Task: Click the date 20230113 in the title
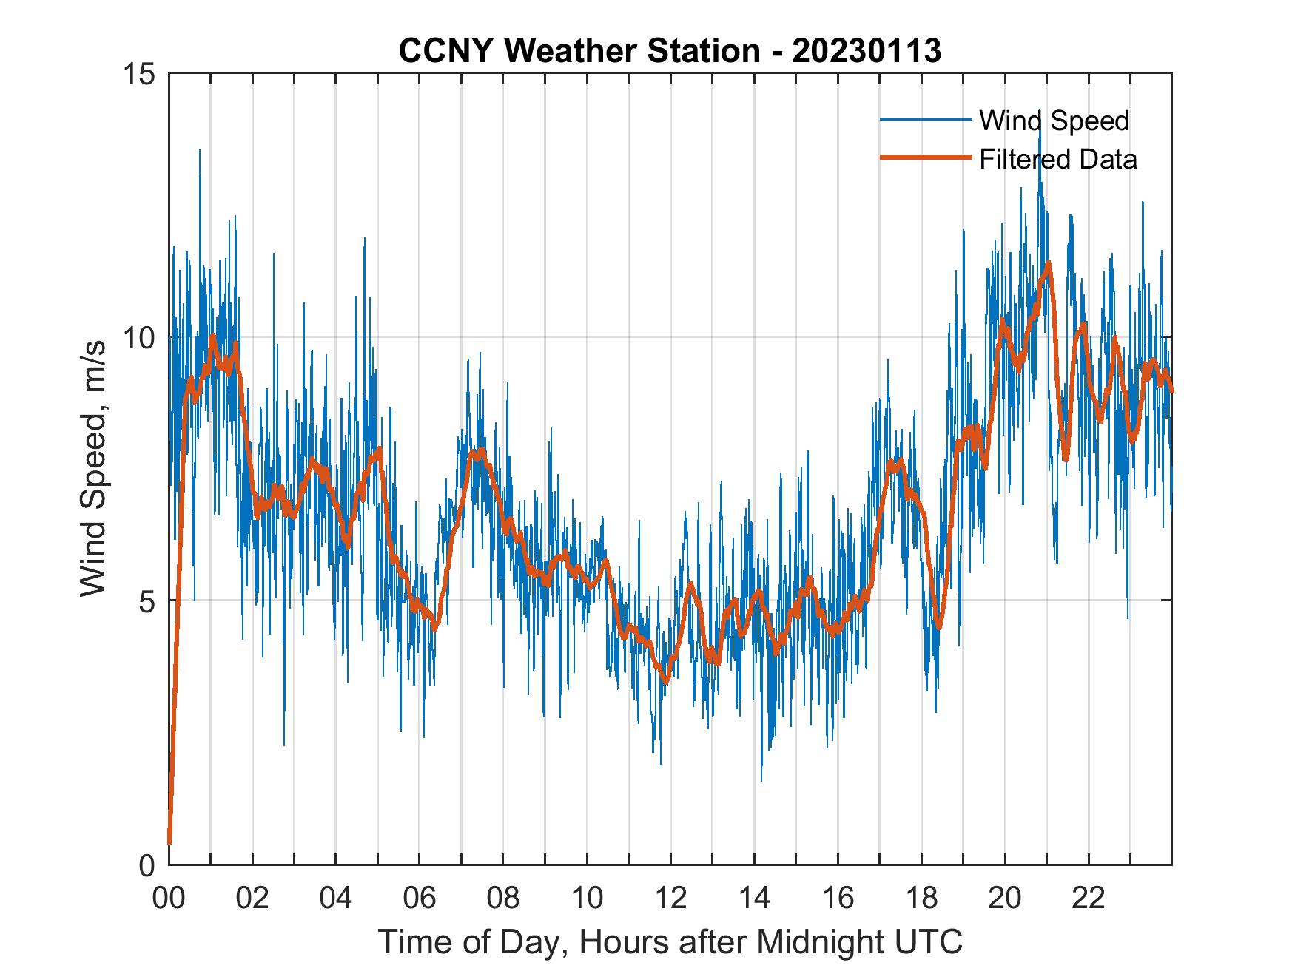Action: click(867, 51)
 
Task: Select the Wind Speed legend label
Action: click(1054, 121)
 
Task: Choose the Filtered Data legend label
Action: click(1057, 159)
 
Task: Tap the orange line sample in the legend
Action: click(925, 158)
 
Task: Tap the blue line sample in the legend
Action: click(925, 120)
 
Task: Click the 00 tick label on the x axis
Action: click(169, 899)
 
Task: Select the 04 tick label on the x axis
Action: click(336, 899)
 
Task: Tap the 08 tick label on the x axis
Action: click(503, 899)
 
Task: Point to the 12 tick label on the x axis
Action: click(670, 899)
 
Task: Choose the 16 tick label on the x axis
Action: click(838, 899)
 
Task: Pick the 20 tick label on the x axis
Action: click(1005, 899)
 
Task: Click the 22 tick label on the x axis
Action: click(1089, 899)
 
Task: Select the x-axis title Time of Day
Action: click(670, 941)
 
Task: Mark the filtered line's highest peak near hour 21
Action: click(1048, 264)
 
